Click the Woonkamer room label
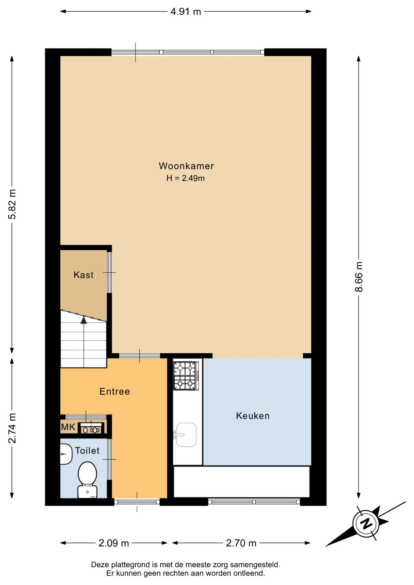[x=186, y=166]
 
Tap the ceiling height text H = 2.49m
[x=185, y=178]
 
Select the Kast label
[x=83, y=275]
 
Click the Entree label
[x=115, y=392]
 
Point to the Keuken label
[x=253, y=416]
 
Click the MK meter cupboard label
[x=68, y=427]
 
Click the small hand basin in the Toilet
[x=66, y=454]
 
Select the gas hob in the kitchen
[x=186, y=376]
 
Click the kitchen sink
[x=186, y=435]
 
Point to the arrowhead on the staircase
[x=84, y=320]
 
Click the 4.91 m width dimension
[x=186, y=12]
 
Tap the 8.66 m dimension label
[x=359, y=277]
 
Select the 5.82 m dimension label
[x=12, y=204]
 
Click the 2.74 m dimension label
[x=12, y=428]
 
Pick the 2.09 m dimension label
[x=114, y=543]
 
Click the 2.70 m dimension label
[x=241, y=543]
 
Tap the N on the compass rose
[x=366, y=523]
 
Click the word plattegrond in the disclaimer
[x=133, y=565]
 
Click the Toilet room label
[x=87, y=451]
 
